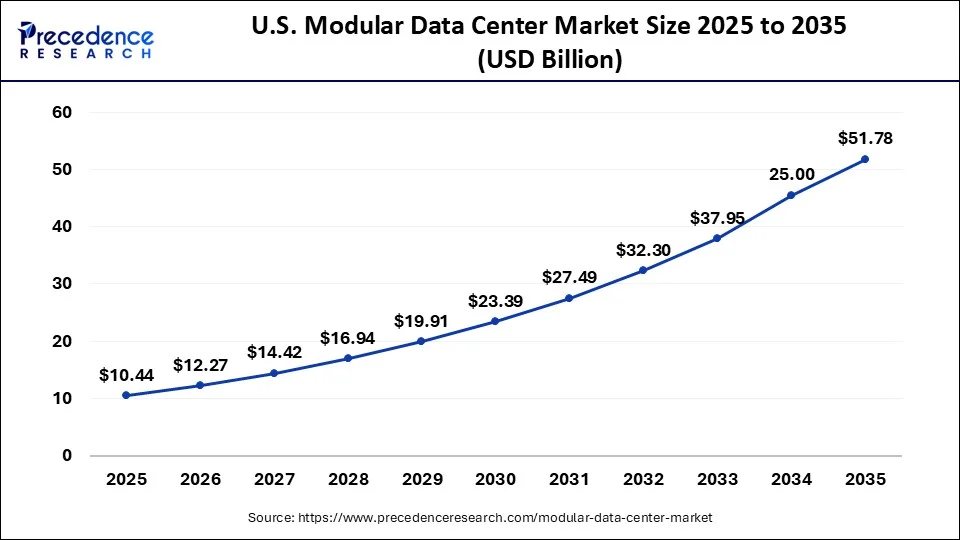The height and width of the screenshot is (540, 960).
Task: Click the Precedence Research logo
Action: (86, 40)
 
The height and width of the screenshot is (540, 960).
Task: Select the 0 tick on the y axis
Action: (67, 456)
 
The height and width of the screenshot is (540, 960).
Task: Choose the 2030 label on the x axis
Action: (495, 480)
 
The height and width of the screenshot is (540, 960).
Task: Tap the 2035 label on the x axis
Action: (865, 480)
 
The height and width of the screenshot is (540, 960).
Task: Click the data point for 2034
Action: (791, 195)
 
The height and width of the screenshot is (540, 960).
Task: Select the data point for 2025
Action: (125, 395)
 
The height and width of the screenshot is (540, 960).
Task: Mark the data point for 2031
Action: (569, 298)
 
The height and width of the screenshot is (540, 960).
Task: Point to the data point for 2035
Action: (865, 159)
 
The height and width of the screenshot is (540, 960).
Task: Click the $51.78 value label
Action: (865, 138)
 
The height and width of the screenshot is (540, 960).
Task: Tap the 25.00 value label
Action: (791, 174)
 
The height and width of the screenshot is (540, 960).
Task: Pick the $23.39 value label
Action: (495, 301)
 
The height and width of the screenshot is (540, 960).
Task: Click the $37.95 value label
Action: (717, 218)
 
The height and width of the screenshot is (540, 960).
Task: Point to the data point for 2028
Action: (347, 358)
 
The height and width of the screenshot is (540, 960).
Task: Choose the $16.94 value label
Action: (347, 338)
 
